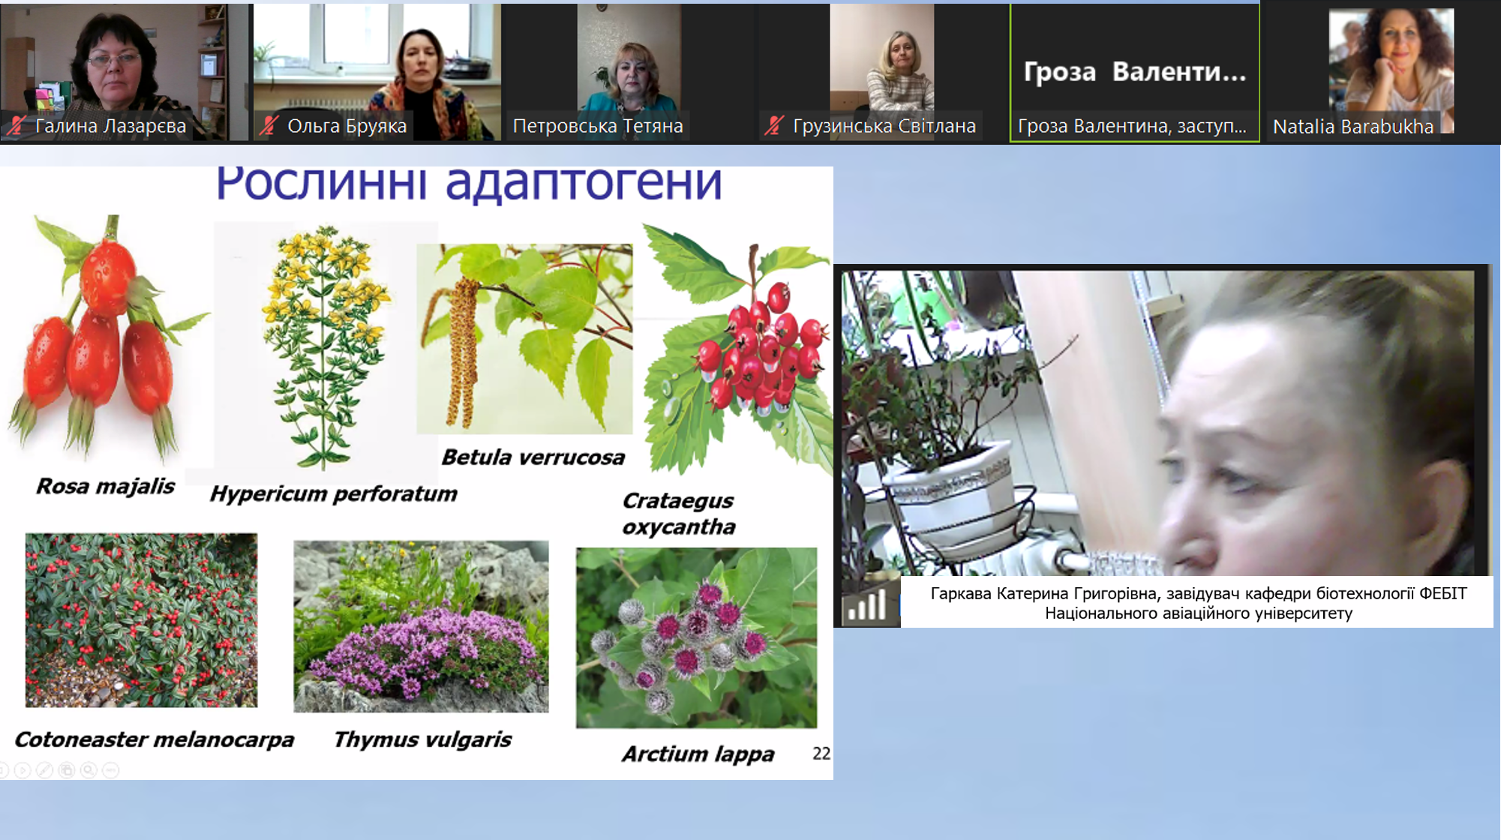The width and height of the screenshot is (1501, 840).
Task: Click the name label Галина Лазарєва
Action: click(110, 126)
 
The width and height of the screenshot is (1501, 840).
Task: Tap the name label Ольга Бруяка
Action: click(347, 126)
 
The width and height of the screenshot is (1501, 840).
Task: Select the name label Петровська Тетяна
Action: click(598, 126)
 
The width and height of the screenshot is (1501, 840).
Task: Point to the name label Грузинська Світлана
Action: click(884, 126)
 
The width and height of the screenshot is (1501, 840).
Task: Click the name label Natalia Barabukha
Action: click(1353, 127)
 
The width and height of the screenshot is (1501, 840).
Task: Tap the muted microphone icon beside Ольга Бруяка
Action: click(269, 125)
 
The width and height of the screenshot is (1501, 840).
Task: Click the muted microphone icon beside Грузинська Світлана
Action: click(775, 125)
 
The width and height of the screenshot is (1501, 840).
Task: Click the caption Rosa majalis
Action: click(105, 487)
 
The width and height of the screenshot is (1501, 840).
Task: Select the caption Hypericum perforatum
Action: click(334, 494)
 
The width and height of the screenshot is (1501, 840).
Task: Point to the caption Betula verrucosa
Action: click(533, 457)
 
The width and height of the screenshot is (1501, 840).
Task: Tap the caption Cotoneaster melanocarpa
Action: click(155, 740)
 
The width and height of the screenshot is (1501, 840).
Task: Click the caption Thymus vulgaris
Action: click(423, 740)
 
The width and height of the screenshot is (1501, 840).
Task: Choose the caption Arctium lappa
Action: click(698, 754)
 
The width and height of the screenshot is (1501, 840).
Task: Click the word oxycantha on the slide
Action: click(679, 527)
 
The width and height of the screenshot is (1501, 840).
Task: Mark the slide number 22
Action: click(821, 753)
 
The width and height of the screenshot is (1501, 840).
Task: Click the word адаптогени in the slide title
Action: click(584, 183)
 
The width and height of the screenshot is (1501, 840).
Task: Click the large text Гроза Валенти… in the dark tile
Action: click(1134, 72)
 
